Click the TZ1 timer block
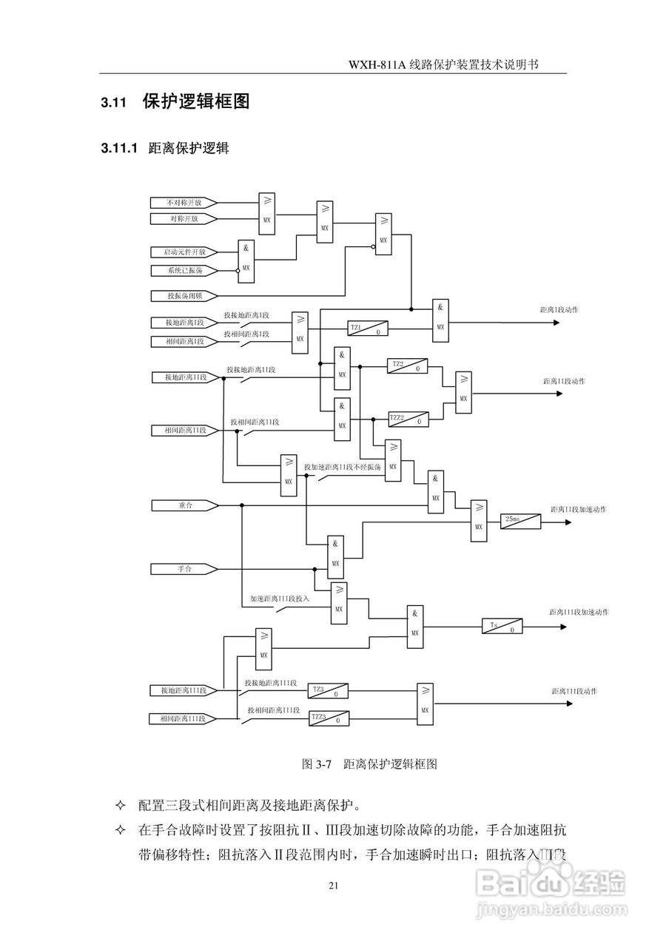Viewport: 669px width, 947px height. (368, 328)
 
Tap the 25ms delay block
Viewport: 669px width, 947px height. (521, 521)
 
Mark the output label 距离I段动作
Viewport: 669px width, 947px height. (559, 309)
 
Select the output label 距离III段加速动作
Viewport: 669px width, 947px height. (579, 613)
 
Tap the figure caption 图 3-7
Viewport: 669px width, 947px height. (319, 764)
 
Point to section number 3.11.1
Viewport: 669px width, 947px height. (119, 149)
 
